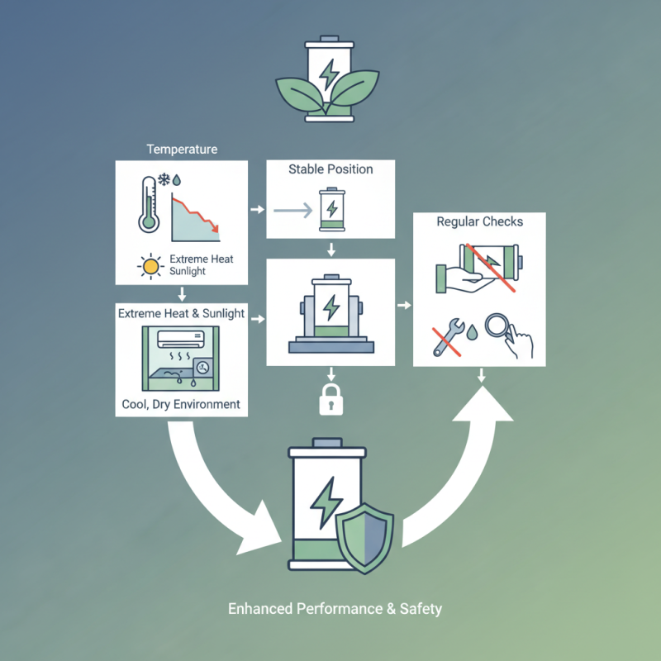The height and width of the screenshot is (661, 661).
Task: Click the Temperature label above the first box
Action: pos(182,150)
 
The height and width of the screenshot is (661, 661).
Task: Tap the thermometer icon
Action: pos(149,204)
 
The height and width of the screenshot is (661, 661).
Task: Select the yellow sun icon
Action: pos(150,266)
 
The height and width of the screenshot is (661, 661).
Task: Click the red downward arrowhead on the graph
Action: pos(215,228)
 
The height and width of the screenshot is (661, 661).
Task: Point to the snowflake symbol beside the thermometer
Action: pos(164,179)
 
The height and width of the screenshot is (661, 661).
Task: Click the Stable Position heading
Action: pos(330,169)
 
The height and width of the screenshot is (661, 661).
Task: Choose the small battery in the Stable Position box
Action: pos(332,210)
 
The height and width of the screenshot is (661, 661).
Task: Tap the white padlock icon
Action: pos(331,400)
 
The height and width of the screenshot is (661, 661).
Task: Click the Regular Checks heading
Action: pos(480,221)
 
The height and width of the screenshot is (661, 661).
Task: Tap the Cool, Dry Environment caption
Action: pos(181,404)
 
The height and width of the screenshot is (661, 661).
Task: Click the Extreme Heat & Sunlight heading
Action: pos(181,314)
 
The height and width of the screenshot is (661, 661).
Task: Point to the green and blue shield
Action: pos(364,538)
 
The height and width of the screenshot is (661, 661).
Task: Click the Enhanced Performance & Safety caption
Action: pos(335,609)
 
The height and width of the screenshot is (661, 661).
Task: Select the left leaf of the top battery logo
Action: pos(299,94)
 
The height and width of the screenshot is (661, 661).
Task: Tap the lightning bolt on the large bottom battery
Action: pos(326,502)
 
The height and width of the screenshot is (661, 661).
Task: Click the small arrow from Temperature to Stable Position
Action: pos(257,209)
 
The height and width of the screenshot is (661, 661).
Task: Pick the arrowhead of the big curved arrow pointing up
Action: pos(483,405)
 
